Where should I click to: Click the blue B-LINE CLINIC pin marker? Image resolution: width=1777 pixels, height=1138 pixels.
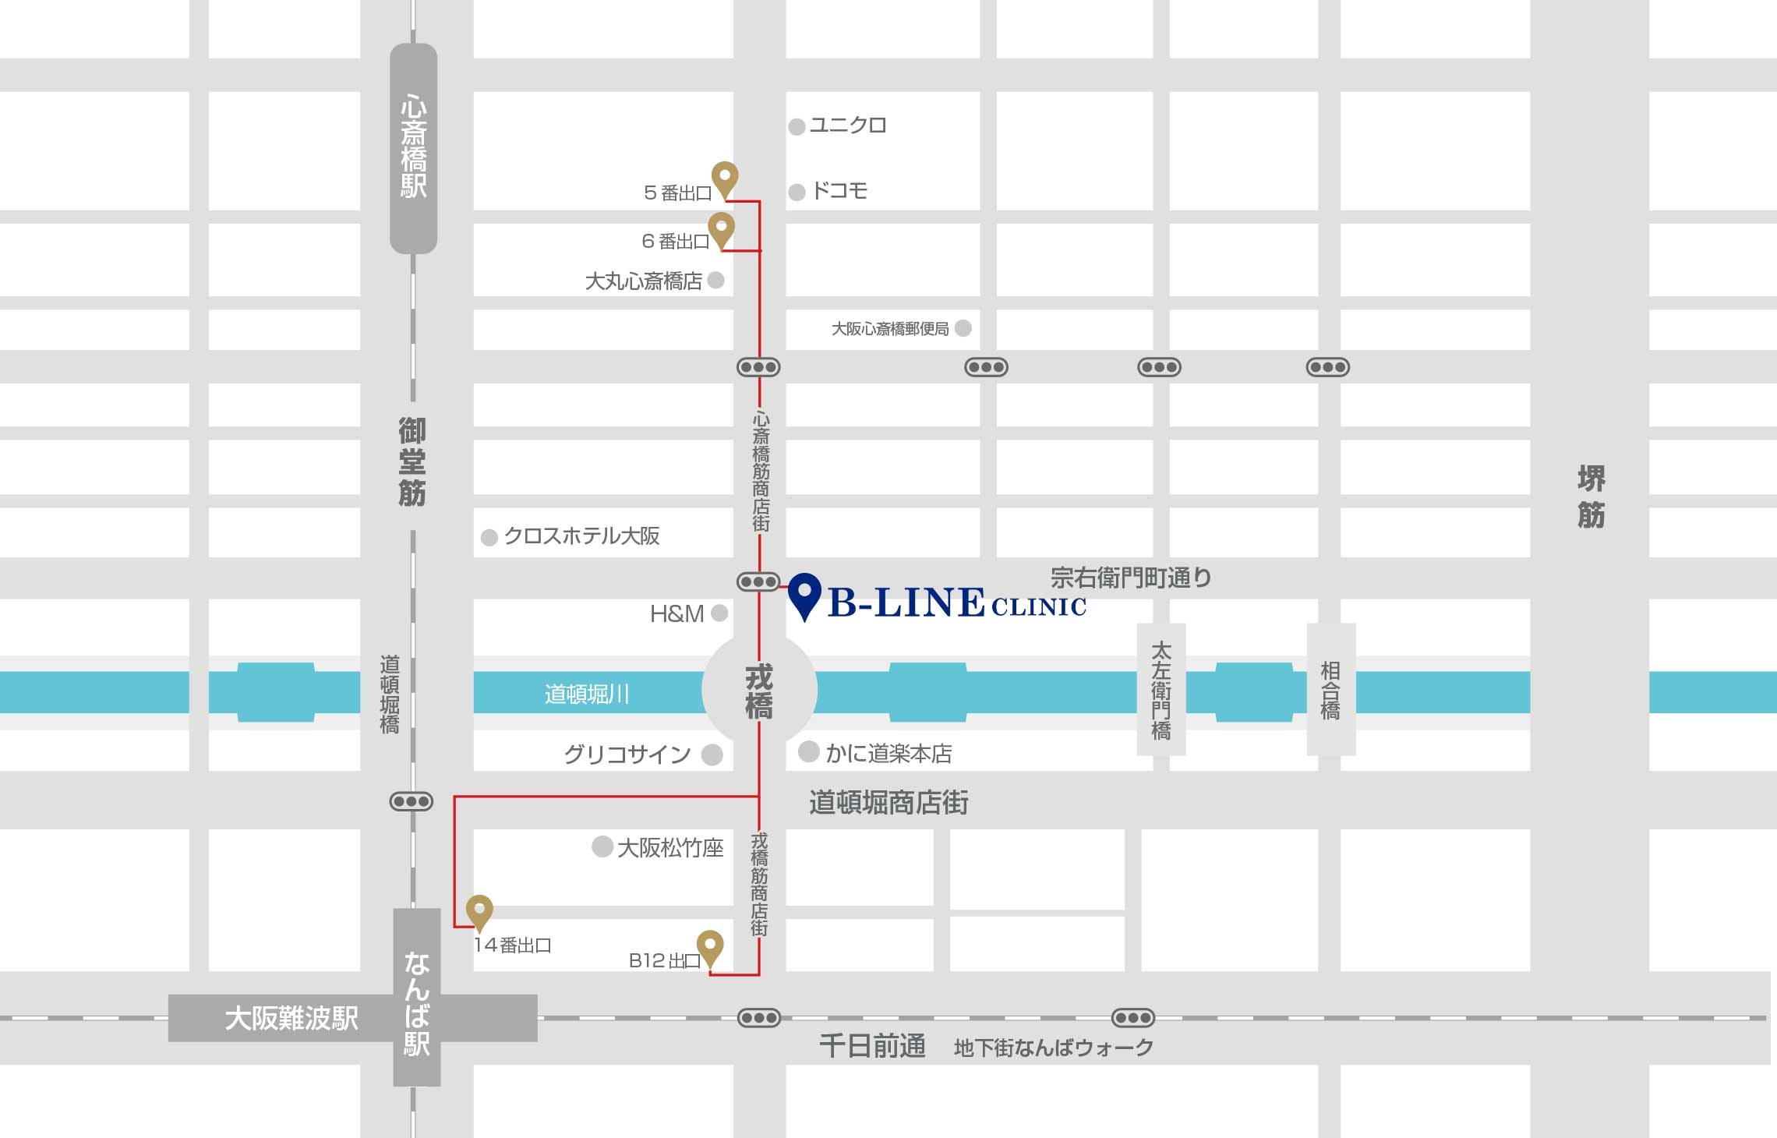coord(804,594)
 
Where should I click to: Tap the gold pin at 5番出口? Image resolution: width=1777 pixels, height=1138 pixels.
coord(725,178)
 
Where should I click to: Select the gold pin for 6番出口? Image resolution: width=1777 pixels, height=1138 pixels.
coord(721,228)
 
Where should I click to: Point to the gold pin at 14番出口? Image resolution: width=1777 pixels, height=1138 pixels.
coord(479,910)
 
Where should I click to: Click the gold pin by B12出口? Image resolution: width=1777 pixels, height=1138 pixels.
coord(710,946)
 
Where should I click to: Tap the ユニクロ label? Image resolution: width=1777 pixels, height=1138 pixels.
coord(847,125)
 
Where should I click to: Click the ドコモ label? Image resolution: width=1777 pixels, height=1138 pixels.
coord(839,191)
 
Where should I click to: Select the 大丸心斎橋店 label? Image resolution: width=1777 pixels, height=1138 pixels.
coord(644,281)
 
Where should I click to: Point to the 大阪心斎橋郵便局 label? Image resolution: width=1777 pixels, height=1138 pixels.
coord(890,329)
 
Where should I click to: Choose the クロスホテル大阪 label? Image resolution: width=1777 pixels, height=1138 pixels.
coord(581,536)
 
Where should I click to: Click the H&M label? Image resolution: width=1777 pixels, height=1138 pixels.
coord(677,614)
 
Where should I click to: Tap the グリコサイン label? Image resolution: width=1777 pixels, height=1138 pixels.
coord(627,755)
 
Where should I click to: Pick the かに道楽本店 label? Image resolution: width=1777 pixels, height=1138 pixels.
coord(888,754)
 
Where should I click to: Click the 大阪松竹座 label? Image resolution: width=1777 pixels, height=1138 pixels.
coord(670,848)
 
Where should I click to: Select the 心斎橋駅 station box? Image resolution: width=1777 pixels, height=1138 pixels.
coord(413,148)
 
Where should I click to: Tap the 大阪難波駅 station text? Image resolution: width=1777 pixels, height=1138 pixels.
coord(291,1018)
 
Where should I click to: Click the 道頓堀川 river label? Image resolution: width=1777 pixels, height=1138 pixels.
coord(587,694)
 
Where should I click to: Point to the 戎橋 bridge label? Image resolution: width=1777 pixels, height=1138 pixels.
coord(758,691)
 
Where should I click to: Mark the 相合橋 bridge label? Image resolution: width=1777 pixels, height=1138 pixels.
coord(1330,690)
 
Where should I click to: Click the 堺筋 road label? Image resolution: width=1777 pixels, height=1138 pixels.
coord(1591,497)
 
